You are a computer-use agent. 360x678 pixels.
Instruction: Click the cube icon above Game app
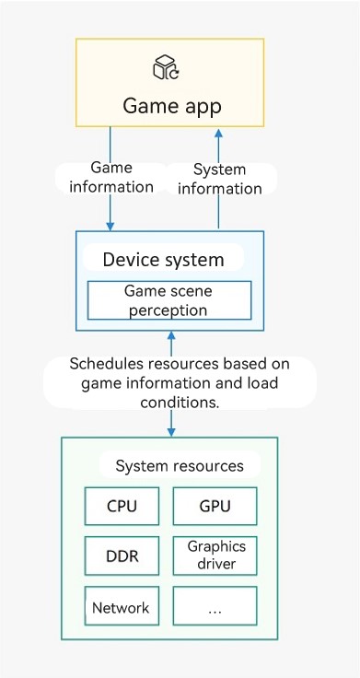[x=167, y=67]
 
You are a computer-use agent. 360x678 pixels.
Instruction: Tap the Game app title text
[x=172, y=106]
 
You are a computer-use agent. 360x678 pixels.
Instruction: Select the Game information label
[x=111, y=177]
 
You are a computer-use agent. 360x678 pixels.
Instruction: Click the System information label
[x=219, y=179]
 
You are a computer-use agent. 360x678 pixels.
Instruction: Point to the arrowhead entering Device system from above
[x=110, y=226]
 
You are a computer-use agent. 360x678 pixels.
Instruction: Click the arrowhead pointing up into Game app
[x=219, y=133]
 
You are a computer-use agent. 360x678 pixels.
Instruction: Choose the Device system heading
[x=163, y=260]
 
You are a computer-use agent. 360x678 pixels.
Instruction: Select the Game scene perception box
[x=169, y=300]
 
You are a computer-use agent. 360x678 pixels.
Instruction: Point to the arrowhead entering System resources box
[x=171, y=431]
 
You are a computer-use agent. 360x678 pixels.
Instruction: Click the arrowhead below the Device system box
[x=171, y=336]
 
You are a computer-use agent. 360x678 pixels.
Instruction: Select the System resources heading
[x=180, y=466]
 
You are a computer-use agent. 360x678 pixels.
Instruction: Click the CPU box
[x=122, y=506]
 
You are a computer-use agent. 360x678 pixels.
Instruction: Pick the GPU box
[x=215, y=506]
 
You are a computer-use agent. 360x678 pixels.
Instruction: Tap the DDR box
[x=122, y=556]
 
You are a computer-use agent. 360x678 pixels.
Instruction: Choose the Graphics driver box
[x=215, y=556]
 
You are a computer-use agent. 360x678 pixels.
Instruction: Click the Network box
[x=122, y=606]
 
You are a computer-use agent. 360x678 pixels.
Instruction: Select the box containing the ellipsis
[x=215, y=606]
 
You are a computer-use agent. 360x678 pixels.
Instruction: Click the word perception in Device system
[x=168, y=310]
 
